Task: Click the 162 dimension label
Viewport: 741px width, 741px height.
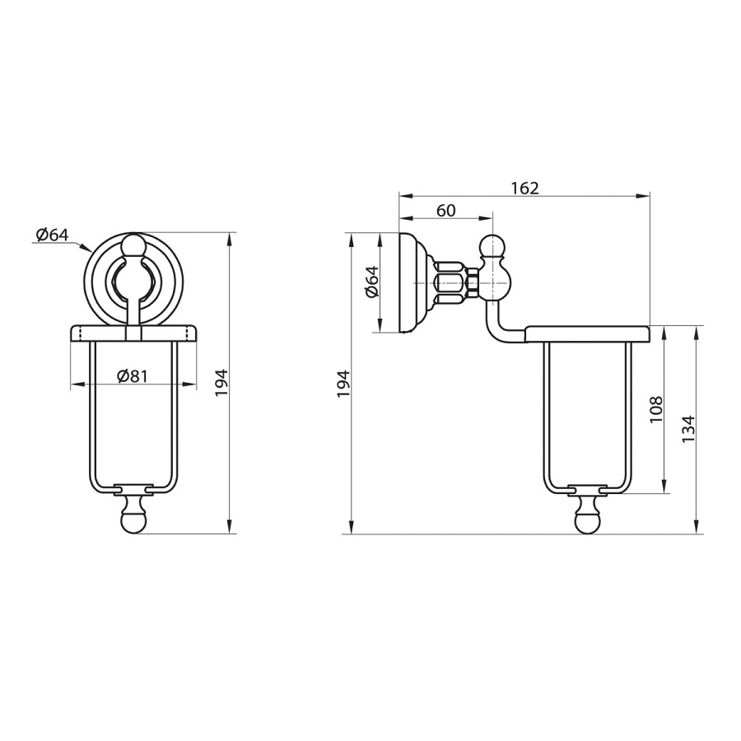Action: coord(524,188)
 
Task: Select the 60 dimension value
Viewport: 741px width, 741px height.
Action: coord(445,210)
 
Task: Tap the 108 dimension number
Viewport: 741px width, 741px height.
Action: coord(656,410)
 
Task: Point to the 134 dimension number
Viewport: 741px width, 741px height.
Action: coord(688,429)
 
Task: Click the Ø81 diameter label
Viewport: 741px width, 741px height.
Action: coord(133,376)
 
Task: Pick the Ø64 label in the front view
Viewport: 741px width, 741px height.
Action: coord(53,235)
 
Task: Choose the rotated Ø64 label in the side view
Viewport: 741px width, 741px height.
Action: coord(372,282)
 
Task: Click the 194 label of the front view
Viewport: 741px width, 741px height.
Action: coord(222,383)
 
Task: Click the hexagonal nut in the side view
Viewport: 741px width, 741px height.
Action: coord(473,282)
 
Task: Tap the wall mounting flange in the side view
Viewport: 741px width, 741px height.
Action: coord(414,282)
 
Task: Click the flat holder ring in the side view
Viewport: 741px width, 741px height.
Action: coord(587,333)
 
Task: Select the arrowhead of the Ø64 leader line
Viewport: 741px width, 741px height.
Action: coord(87,247)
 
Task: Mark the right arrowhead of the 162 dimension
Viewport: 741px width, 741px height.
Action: coord(644,196)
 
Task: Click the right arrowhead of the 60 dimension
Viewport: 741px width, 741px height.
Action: coord(487,218)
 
